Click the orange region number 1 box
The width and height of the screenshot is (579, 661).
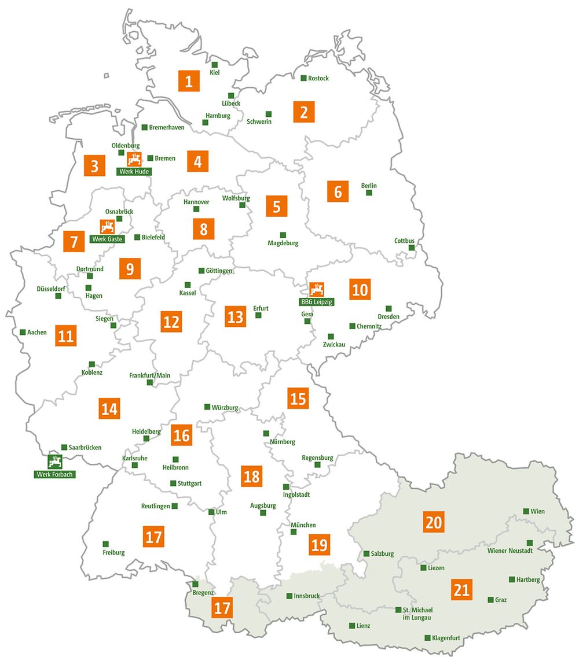click(x=189, y=82)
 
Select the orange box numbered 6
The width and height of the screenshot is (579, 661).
click(x=338, y=191)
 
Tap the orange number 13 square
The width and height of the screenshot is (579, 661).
click(x=236, y=317)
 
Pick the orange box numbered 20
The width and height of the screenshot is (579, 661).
click(x=434, y=522)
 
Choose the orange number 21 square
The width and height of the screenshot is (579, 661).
click(x=461, y=590)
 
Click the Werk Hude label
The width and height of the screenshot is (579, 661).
click(x=134, y=171)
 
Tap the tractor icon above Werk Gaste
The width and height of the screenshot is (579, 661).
click(x=107, y=227)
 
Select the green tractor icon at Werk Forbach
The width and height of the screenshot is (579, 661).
click(x=56, y=462)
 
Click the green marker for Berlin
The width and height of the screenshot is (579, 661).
click(x=369, y=193)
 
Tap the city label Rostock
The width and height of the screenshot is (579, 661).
click(x=318, y=78)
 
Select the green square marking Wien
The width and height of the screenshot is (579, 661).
click(x=526, y=511)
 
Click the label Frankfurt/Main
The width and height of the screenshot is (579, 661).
click(x=150, y=375)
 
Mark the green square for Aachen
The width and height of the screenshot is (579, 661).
click(x=23, y=332)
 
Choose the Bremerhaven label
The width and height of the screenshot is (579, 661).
click(x=167, y=127)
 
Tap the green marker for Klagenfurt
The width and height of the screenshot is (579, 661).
click(x=427, y=638)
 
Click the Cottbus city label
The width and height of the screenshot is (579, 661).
click(x=405, y=241)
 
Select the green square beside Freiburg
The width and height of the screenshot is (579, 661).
click(x=106, y=544)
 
